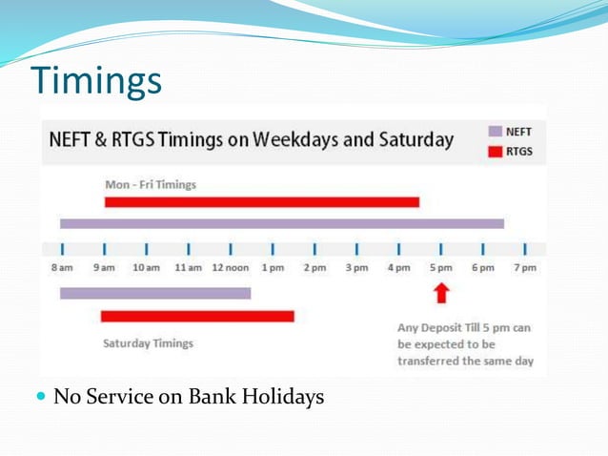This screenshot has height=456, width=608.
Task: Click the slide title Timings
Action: [96, 82]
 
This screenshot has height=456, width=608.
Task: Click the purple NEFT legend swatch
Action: [495, 132]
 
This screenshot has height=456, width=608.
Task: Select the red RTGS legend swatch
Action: [495, 150]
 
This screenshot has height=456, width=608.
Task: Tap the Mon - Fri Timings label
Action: [151, 184]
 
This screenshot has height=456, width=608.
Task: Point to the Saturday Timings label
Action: [148, 342]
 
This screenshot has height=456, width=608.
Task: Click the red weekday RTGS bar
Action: [261, 201]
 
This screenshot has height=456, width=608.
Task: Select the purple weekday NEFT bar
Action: [281, 223]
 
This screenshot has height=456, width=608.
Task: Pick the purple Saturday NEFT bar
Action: [154, 293]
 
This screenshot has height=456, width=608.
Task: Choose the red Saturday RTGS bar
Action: [196, 316]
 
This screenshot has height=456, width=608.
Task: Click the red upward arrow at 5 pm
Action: [440, 293]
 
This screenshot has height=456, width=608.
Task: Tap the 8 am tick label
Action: [61, 268]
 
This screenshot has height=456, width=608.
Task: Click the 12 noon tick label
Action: [230, 268]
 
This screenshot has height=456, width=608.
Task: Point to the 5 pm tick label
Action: [440, 268]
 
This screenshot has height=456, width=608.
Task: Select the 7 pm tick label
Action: [525, 268]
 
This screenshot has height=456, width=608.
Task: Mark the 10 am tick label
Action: [146, 268]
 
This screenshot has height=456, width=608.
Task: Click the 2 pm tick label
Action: [314, 268]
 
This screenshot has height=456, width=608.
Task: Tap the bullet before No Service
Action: [40, 396]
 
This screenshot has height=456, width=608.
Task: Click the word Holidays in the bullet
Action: [282, 396]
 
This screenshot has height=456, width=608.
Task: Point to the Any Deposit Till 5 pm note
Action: [465, 344]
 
